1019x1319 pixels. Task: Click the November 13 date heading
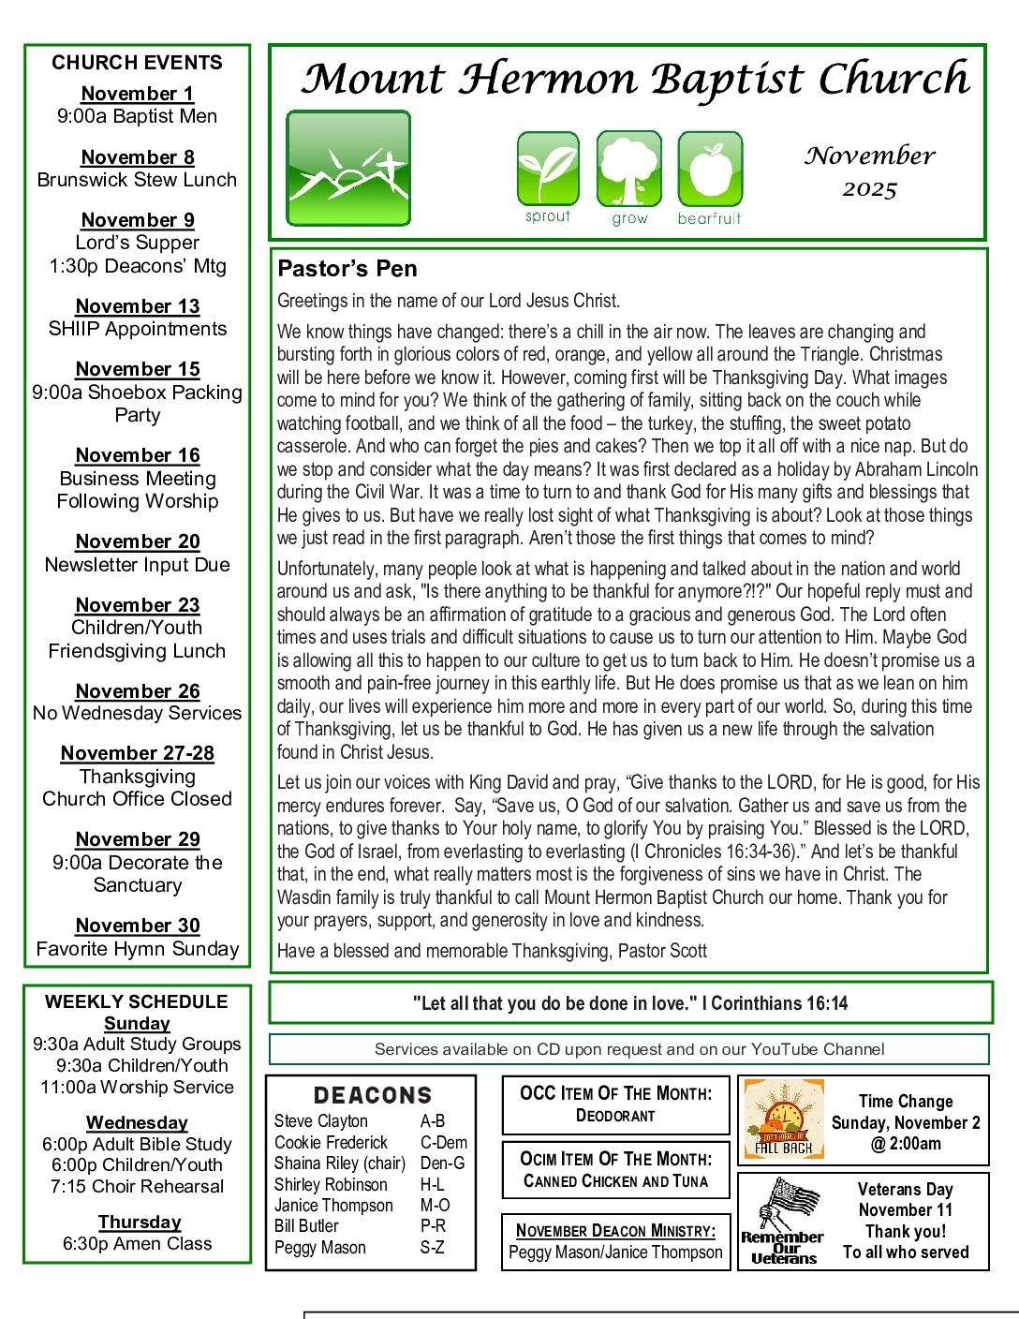[138, 306]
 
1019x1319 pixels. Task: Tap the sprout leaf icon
[548, 169]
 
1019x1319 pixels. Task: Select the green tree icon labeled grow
[628, 169]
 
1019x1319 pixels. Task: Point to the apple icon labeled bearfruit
[710, 169]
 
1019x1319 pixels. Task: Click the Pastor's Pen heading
[347, 269]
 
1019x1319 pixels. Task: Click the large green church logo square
[348, 169]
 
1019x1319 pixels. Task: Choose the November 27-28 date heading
[138, 753]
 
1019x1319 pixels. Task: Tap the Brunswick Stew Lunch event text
[138, 180]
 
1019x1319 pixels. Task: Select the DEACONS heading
[373, 1095]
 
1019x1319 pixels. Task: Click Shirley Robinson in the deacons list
[331, 1184]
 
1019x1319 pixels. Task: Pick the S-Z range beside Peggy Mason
[432, 1248]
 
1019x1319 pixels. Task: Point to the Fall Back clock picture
[784, 1119]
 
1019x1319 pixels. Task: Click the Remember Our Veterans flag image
[783, 1220]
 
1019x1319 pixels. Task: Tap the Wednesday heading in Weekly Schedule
[138, 1122]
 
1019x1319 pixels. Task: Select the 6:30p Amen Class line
[138, 1244]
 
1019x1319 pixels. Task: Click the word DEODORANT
[615, 1116]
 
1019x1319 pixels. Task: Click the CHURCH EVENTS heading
[138, 63]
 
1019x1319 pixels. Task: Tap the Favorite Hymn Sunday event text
[138, 949]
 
